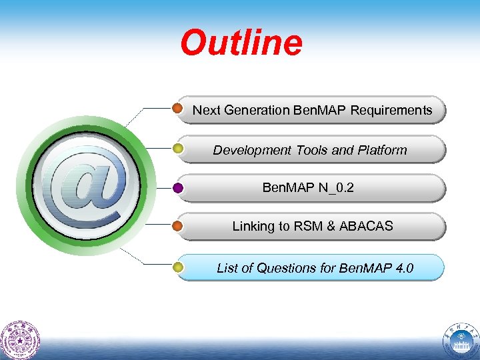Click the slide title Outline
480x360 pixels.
click(241, 43)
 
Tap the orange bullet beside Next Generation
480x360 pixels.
click(178, 108)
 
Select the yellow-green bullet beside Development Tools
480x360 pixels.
click(178, 148)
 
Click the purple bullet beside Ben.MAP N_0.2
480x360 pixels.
click(178, 188)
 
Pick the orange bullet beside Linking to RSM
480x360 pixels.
click(178, 226)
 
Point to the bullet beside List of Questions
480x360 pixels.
click(178, 267)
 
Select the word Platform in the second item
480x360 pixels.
click(381, 150)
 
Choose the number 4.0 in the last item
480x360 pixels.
click(404, 268)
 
